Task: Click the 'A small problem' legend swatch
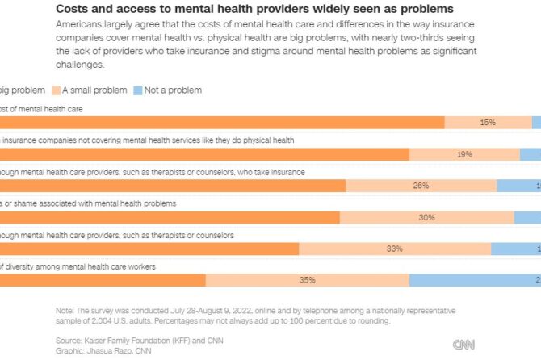click(57, 90)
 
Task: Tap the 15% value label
click(488, 123)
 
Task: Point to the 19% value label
click(464, 154)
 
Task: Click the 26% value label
click(421, 186)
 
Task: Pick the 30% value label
click(426, 217)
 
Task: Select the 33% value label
click(394, 249)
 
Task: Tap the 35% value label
click(307, 280)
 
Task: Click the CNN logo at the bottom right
click(463, 345)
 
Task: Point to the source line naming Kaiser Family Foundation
click(128, 340)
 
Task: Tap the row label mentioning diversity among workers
click(78, 266)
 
